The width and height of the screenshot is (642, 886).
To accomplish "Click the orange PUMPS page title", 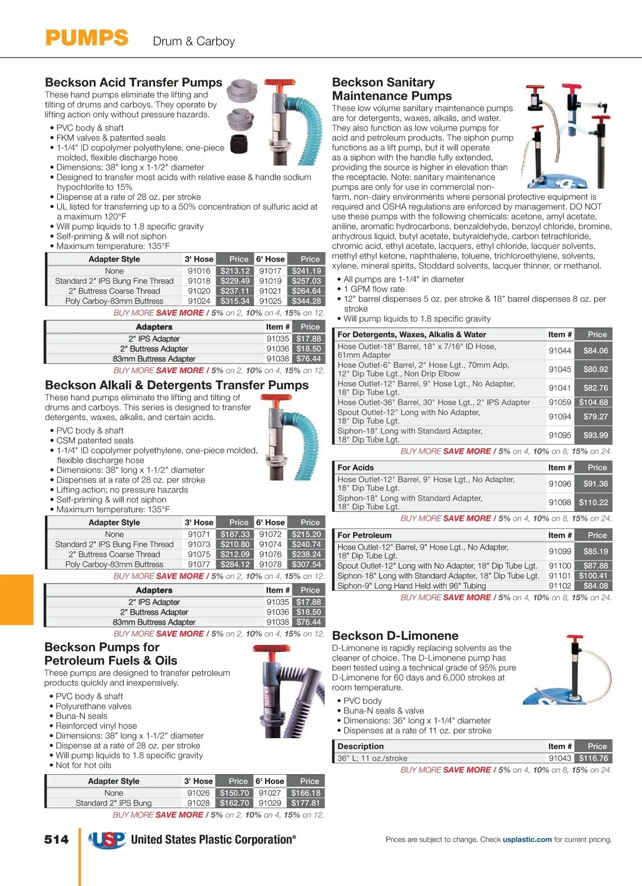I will pos(87,39).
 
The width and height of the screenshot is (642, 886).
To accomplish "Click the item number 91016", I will pos(199,271).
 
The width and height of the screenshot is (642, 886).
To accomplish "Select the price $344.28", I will pos(306,301).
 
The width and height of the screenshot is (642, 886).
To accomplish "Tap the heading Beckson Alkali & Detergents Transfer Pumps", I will pos(177,385).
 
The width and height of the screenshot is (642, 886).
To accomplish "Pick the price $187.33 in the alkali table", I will pos(235,534).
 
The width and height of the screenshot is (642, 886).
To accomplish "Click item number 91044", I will pos(560,351).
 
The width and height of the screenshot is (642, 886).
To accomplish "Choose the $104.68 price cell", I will pos(593,402).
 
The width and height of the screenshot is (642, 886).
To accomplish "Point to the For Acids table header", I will pos(356,467).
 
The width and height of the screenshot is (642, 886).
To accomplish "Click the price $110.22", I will pos(593,502).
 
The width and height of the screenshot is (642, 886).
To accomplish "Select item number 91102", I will pos(560,586).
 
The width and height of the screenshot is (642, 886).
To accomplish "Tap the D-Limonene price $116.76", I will pos(593,758).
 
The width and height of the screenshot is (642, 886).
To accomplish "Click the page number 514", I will pos(57,839).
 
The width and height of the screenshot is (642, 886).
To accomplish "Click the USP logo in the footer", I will pos(108,840).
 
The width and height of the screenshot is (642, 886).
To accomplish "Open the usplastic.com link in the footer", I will pos(527,839).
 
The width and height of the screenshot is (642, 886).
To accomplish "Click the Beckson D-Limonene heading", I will pos(395,635).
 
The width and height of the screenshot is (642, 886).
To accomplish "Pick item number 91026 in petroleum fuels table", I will pos(198,793).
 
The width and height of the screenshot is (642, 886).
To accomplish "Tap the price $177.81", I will pos(305,803).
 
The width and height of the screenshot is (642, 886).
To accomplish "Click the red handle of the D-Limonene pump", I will pos(575,639).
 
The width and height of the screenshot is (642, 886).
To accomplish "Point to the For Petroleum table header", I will pos(364,535).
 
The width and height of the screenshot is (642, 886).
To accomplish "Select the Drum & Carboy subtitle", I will pos(194,41).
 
